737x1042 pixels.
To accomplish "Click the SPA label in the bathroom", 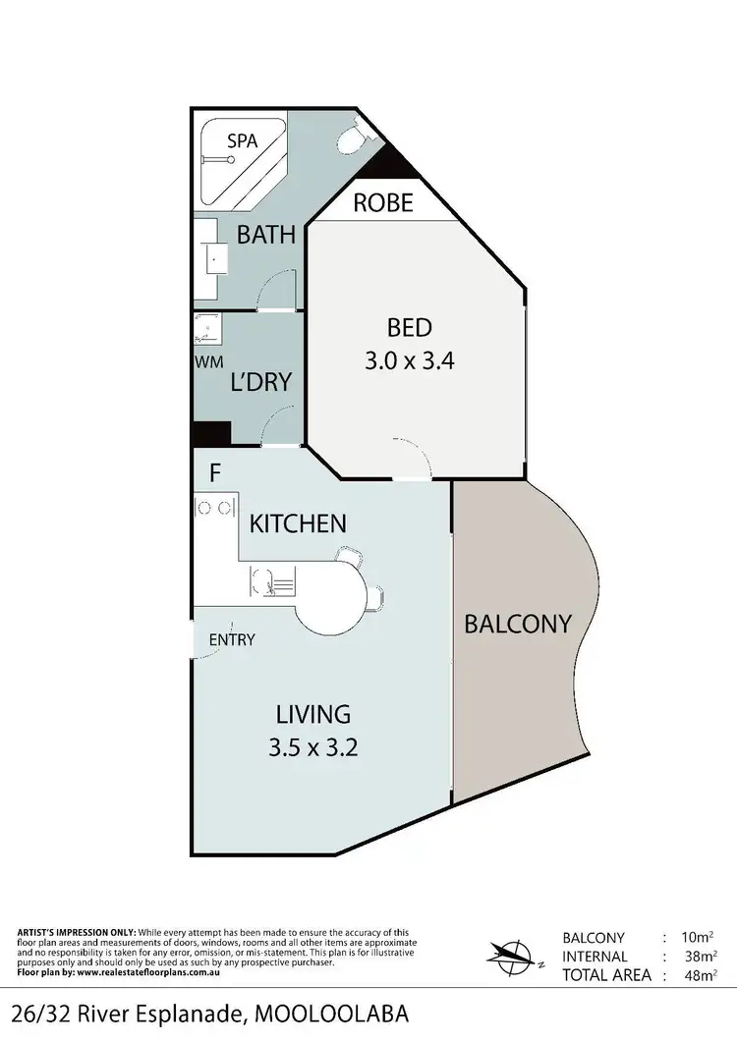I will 242,141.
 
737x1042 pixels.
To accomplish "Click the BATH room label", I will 265,235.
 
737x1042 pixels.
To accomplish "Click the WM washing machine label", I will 208,362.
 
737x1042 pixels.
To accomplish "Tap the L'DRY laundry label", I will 260,381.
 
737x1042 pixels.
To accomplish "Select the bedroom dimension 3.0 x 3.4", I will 409,360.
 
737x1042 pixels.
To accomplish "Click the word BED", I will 409,328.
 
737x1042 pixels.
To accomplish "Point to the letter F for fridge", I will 214,473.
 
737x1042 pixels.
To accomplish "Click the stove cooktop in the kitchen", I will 214,508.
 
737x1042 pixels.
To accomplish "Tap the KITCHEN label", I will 298,523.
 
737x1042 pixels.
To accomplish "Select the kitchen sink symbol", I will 269,582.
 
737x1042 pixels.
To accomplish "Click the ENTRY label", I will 232,640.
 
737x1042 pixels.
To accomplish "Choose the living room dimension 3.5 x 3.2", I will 312,747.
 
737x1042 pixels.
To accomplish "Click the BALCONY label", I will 518,624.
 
